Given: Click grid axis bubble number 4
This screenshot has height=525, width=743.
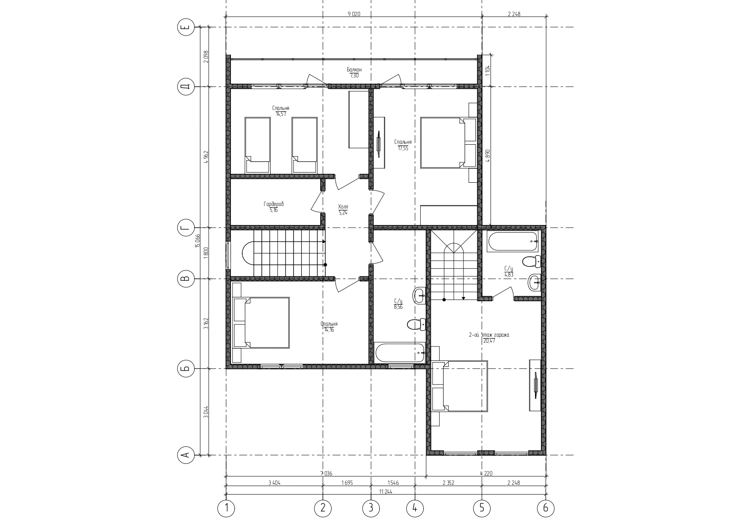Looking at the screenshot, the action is (415, 508).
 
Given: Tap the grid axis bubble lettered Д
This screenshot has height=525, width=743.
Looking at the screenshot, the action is (185, 87).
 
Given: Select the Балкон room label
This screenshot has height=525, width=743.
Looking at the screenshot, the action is (354, 69).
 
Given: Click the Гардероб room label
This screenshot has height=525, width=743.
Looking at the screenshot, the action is (274, 204).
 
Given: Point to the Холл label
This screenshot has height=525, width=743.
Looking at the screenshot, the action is (343, 207).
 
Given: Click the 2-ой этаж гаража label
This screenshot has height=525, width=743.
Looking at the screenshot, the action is (489, 335).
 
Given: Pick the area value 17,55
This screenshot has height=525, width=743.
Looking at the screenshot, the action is (402, 148).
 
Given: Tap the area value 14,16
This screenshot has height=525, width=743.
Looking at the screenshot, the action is (329, 330).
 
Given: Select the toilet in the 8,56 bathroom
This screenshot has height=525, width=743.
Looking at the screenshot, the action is (416, 324).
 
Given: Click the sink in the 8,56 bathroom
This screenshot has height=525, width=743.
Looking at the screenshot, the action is (419, 295).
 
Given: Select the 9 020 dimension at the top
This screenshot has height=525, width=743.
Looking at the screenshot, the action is (354, 14).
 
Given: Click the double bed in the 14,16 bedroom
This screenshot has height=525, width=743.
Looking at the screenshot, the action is (261, 323).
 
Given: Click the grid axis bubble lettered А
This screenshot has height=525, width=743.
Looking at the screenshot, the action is (185, 455).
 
